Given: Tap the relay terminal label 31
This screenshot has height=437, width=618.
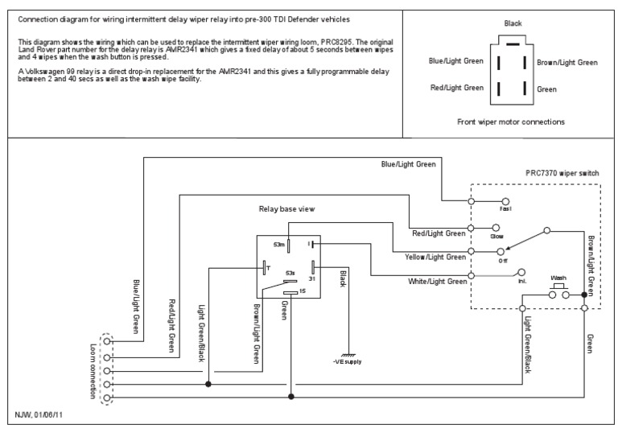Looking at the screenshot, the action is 311,278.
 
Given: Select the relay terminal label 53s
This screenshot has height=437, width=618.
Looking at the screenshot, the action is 290,273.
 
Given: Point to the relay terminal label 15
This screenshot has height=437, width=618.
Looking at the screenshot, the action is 303,291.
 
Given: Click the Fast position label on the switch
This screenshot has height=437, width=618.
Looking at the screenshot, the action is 505,209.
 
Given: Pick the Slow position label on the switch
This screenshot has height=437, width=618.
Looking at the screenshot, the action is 496,236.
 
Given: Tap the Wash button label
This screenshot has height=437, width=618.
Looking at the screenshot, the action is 558,278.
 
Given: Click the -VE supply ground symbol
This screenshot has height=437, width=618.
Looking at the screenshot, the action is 348,356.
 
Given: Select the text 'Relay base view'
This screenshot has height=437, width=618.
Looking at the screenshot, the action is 287,209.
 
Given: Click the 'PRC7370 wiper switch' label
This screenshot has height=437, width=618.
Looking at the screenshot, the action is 562,173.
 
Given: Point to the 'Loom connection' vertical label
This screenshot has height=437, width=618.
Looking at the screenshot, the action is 93,371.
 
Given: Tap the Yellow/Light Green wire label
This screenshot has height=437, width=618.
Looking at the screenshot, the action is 435,258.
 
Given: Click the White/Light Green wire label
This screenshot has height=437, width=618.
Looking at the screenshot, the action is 438,282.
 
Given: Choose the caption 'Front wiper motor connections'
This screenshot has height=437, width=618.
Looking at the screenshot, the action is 511,122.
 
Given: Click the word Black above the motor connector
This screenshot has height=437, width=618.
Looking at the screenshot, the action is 513,23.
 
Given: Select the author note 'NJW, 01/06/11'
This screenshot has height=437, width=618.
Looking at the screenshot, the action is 39,414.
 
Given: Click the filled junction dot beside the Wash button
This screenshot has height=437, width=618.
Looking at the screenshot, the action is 584,295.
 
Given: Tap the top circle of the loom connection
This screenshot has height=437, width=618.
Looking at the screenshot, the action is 107,341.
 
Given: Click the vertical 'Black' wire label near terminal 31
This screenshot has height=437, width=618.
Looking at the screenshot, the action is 343,278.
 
